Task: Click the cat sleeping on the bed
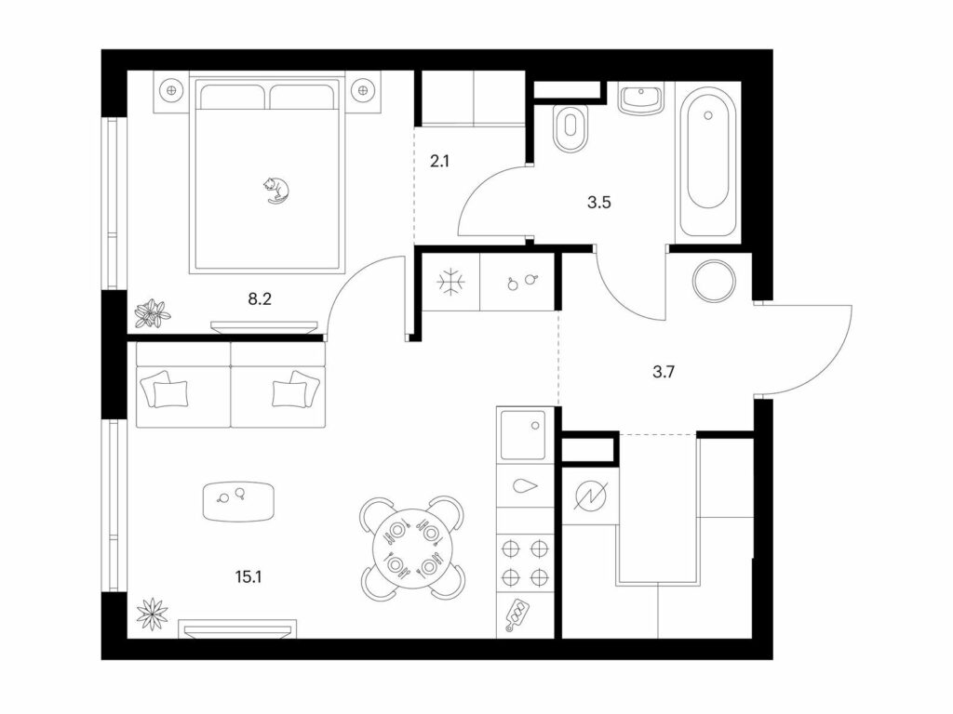275,190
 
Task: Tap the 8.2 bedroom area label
260,298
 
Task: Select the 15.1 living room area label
248,576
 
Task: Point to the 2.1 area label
439,161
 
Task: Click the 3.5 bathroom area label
598,202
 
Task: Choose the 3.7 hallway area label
663,371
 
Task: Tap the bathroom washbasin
641,99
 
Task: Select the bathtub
708,162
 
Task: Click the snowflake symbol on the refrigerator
451,283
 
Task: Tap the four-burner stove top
525,562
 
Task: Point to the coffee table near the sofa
238,501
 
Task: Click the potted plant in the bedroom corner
153,313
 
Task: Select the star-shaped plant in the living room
152,614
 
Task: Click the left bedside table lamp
171,91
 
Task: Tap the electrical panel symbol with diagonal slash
591,496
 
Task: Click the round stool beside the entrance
715,281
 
